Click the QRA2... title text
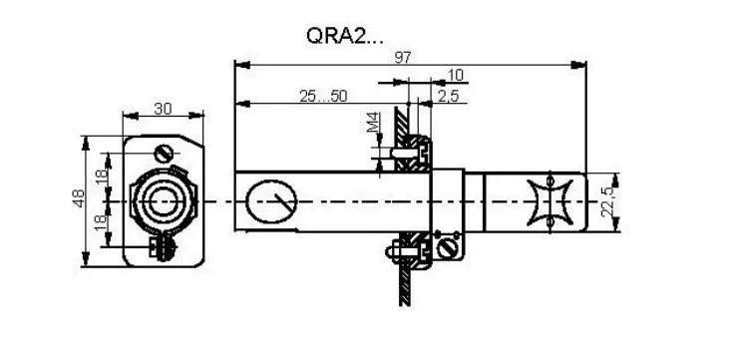[343, 37]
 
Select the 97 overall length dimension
[402, 57]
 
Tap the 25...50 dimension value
[323, 96]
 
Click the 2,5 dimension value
[448, 96]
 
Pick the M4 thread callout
[373, 125]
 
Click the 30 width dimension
[164, 109]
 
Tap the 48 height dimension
[80, 201]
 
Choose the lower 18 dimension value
[101, 223]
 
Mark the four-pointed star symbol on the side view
[551, 202]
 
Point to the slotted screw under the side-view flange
[448, 245]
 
